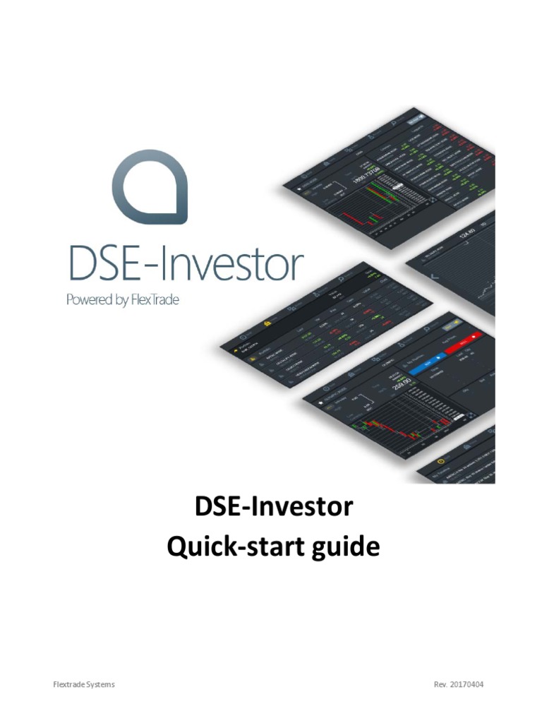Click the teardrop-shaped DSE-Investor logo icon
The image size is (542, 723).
click(x=150, y=186)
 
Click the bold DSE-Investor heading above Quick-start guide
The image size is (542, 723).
click(x=272, y=508)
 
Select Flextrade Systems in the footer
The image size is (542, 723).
click(x=84, y=684)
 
